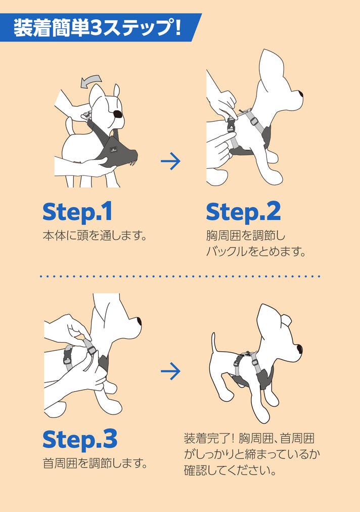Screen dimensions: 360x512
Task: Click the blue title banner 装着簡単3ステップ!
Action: pyautogui.click(x=98, y=27)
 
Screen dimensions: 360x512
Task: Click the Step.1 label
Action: pyautogui.click(x=77, y=212)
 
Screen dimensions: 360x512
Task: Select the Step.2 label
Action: pyautogui.click(x=243, y=212)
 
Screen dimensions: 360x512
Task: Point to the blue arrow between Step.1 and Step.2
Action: pyautogui.click(x=170, y=161)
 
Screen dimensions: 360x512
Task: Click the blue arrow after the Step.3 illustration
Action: pyautogui.click(x=170, y=371)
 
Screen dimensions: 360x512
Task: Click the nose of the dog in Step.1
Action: pyautogui.click(x=117, y=114)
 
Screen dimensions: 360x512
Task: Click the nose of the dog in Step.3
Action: pyautogui.click(x=139, y=321)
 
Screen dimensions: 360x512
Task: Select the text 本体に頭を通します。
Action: pyautogui.click(x=95, y=236)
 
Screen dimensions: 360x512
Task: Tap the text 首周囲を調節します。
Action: pyautogui.click(x=95, y=463)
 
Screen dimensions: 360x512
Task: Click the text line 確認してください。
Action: pyautogui.click(x=230, y=471)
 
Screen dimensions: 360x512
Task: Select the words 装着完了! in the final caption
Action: pyautogui.click(x=209, y=438)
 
